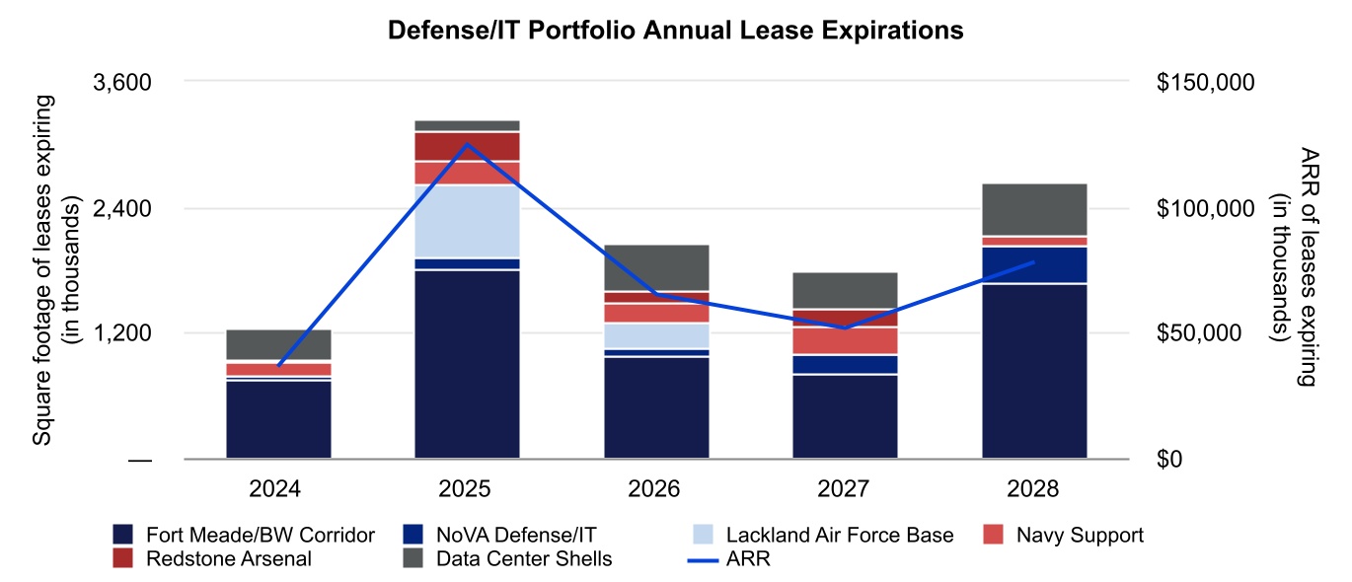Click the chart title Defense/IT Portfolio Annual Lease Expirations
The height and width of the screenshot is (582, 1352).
click(675, 32)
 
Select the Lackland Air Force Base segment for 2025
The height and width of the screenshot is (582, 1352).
click(467, 221)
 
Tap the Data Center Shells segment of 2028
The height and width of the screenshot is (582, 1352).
click(1034, 209)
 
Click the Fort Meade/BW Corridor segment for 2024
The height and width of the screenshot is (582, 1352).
click(278, 419)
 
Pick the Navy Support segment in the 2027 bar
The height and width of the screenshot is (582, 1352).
click(845, 340)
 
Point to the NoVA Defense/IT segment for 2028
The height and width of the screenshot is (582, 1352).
click(1034, 264)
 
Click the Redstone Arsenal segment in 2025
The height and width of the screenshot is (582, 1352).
click(467, 146)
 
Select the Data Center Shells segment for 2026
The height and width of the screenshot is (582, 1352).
click(656, 267)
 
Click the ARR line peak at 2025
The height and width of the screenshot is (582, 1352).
click(467, 144)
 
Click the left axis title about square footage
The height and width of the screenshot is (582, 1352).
click(53, 269)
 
